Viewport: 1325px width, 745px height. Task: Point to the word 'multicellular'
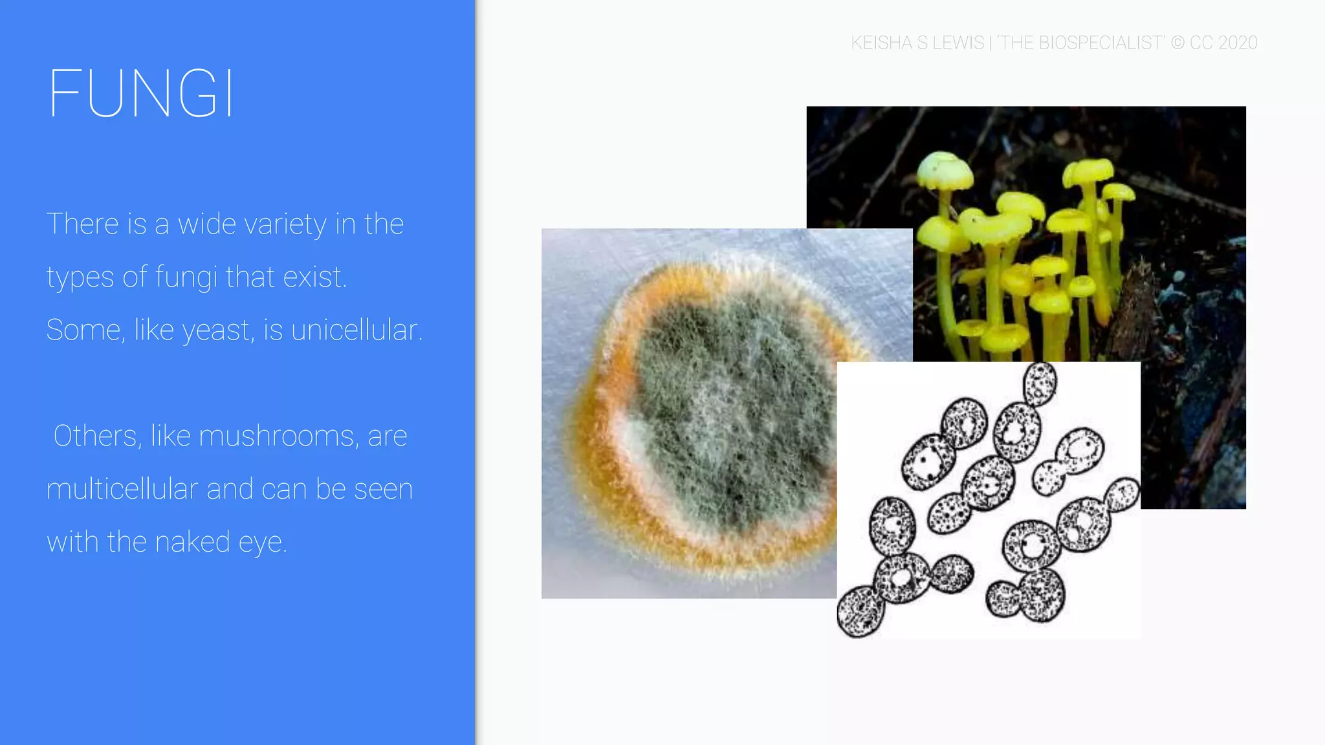click(x=122, y=489)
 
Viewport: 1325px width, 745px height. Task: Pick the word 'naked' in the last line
click(x=192, y=542)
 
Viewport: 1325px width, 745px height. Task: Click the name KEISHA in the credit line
click(x=881, y=43)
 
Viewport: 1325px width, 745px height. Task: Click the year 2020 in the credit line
click(x=1238, y=43)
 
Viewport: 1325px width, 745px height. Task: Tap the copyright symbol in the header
click(x=1177, y=43)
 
